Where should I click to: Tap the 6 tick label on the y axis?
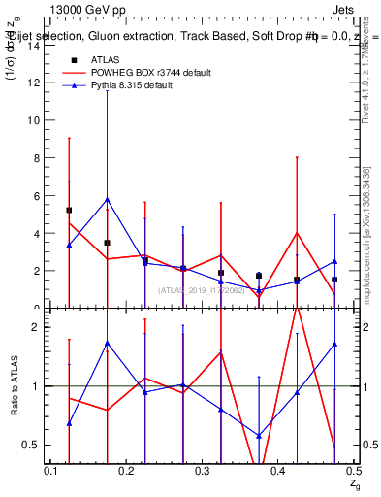coord(37,195)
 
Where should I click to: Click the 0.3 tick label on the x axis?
coord(202,470)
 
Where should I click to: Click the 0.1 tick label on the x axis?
coord(51,470)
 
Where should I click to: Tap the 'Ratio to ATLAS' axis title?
coord(14,385)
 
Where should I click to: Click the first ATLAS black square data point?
coord(70,210)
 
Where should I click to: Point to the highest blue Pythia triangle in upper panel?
coord(108,199)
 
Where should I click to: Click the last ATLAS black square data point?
coord(334,280)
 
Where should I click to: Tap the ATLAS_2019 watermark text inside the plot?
coord(203,289)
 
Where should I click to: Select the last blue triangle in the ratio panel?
coord(334,344)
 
